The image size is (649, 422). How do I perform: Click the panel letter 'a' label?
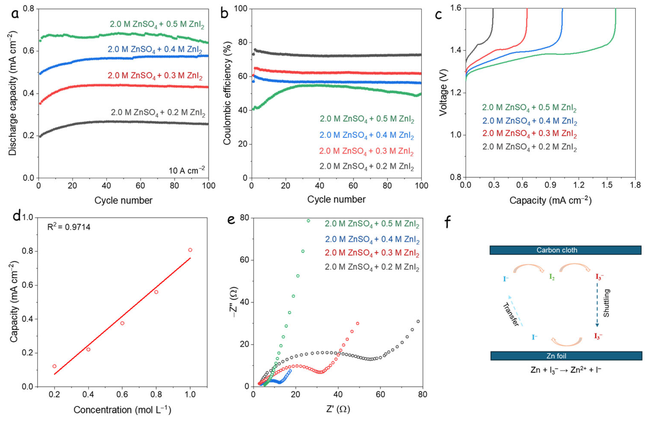click(15, 14)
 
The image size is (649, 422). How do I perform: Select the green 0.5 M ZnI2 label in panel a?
click(157, 24)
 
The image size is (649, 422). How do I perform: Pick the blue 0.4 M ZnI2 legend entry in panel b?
click(367, 135)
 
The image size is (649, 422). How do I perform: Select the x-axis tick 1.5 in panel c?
click(607, 185)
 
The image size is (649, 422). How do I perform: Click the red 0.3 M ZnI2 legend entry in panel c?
click(529, 134)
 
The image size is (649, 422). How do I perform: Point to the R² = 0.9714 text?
click(69, 227)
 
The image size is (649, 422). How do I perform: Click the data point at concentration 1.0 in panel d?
click(190, 250)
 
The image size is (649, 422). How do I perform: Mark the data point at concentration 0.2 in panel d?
click(54, 366)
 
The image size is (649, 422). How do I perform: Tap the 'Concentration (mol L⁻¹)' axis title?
click(122, 410)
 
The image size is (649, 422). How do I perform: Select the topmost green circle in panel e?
click(308, 221)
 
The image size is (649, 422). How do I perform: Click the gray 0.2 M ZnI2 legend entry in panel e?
click(372, 267)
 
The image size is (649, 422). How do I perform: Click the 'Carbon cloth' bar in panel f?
click(565, 250)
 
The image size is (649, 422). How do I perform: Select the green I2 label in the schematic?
click(552, 277)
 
